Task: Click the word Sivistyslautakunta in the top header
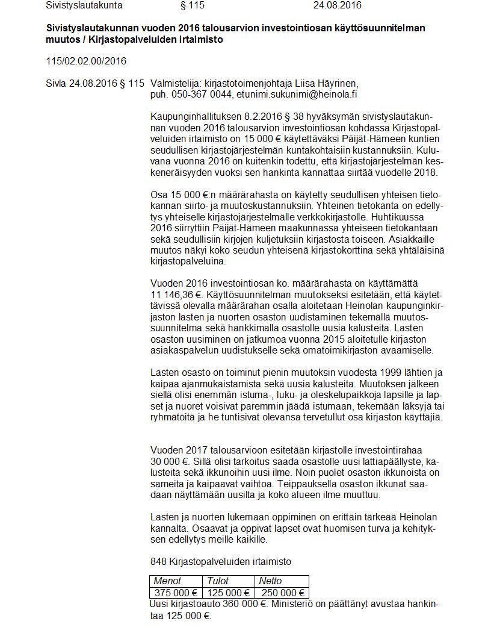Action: pyautogui.click(x=84, y=5)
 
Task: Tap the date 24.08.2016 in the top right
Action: pyautogui.click(x=338, y=5)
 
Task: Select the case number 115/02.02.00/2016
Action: pyautogui.click(x=86, y=61)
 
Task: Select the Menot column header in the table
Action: pyautogui.click(x=168, y=581)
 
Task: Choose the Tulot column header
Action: pyautogui.click(x=218, y=581)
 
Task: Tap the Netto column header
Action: pyautogui.click(x=270, y=581)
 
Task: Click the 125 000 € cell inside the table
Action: pyautogui.click(x=229, y=593)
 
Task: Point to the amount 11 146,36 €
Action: pyautogui.click(x=175, y=294)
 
